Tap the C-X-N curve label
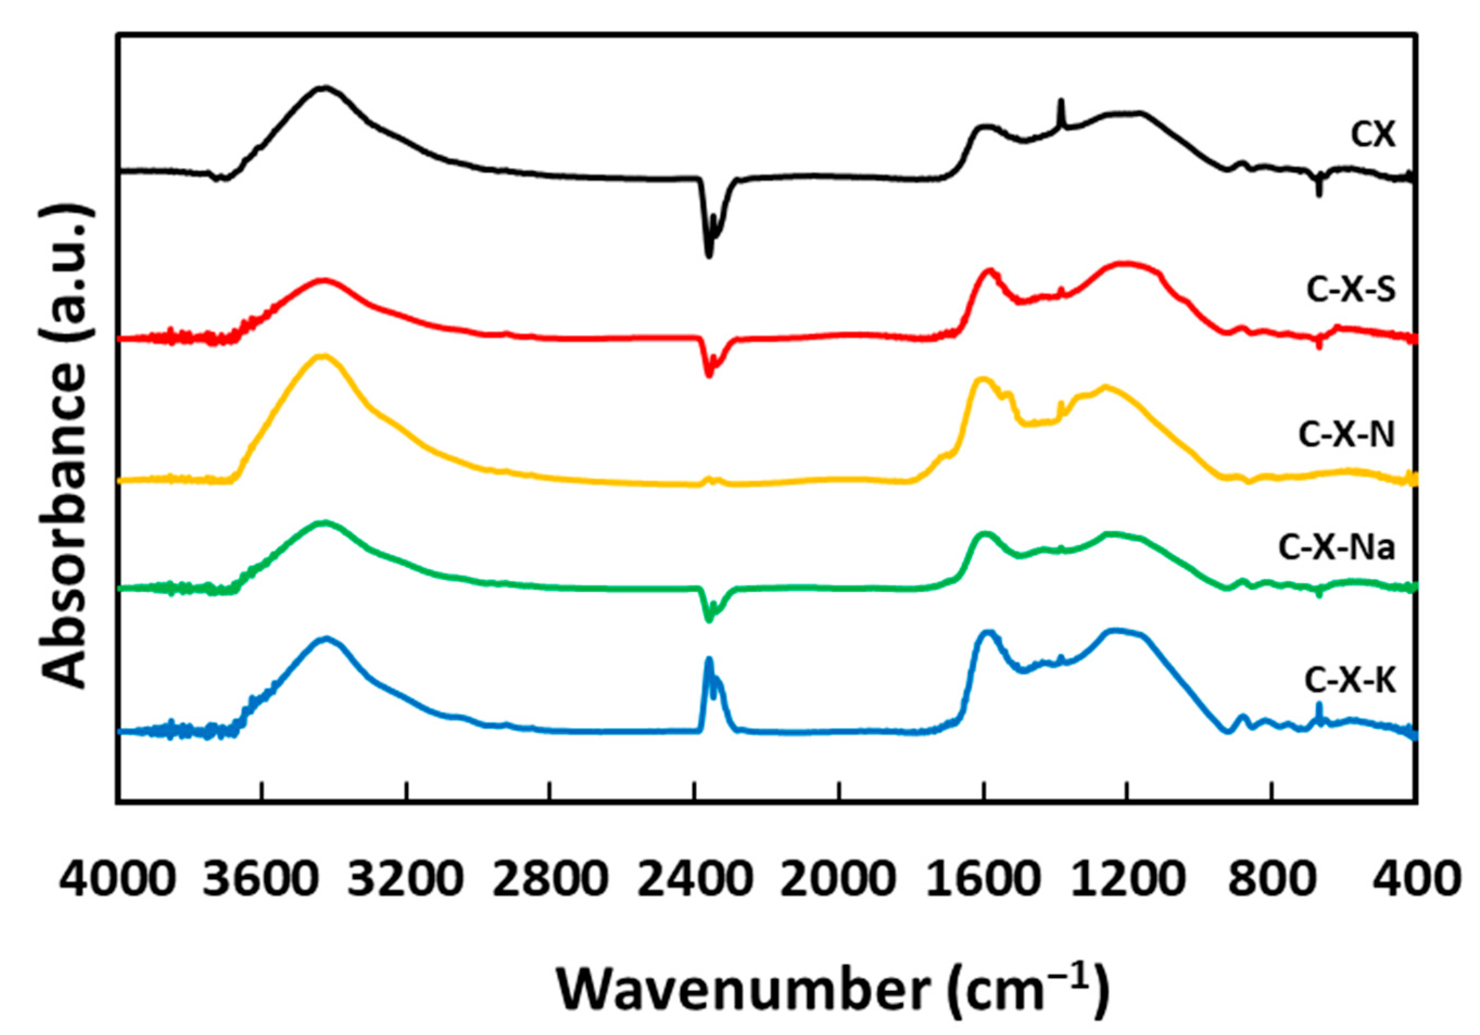click(1346, 436)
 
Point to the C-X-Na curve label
click(1337, 548)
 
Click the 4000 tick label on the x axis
click(117, 880)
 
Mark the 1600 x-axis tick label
click(983, 880)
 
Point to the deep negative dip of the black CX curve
click(709, 255)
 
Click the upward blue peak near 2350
click(709, 660)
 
